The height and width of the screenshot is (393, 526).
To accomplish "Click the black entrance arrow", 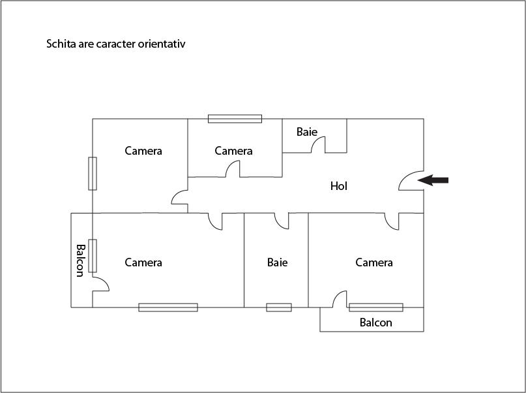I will coord(433,180).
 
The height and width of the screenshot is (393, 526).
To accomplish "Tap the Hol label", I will coord(339,186).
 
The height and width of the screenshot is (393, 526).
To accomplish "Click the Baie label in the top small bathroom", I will coord(307,132).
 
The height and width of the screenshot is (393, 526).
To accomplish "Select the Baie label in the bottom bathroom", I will coord(277,262).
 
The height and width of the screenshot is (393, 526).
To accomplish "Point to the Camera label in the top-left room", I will coord(143,151).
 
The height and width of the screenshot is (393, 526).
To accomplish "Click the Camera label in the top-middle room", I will coord(233,151).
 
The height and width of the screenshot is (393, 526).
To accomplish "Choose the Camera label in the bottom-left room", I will coord(143,262).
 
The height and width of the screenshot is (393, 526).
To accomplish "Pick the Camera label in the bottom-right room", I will coord(374,262).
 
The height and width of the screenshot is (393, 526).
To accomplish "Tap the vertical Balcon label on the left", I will coord(80,260).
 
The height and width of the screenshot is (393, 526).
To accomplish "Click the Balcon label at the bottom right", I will coord(376,322).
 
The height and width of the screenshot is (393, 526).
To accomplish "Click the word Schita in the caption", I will coord(60,44).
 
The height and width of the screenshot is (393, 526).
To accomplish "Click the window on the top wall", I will coord(235,119).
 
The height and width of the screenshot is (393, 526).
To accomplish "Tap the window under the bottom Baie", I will coord(279,307).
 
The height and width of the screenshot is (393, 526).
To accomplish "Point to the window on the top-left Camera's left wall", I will coord(93,173).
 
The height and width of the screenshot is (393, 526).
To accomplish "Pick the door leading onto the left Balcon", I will coord(100,285).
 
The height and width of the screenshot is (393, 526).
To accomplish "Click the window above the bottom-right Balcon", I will coord(376,307).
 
